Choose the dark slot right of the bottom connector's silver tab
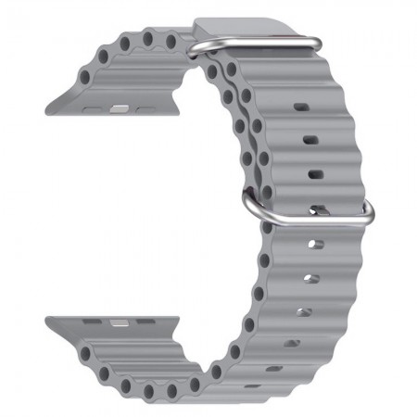pos(143,323)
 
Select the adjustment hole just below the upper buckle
pos(302,107)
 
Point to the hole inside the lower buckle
pos(316,210)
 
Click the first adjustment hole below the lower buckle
pos(315,246)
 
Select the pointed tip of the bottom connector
pos(49,322)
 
